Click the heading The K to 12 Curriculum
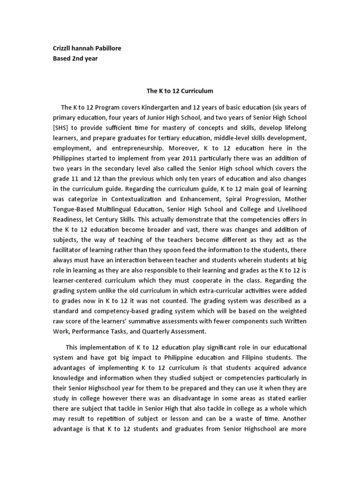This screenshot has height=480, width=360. (x=180, y=90)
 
